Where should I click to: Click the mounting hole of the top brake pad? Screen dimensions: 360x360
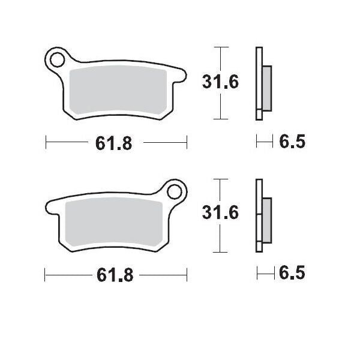(x=58, y=60)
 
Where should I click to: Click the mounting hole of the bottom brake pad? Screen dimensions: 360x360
(x=175, y=192)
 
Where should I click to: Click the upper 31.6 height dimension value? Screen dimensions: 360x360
(x=220, y=81)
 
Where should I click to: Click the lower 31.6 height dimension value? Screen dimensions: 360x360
(x=220, y=213)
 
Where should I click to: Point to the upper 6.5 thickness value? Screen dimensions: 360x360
(x=292, y=142)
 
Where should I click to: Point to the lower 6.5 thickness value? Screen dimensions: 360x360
(x=292, y=274)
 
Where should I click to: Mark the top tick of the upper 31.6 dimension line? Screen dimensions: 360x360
(x=221, y=47)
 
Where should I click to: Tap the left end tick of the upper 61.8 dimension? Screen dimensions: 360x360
(x=46, y=143)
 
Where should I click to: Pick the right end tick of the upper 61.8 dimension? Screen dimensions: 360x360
(x=187, y=143)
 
